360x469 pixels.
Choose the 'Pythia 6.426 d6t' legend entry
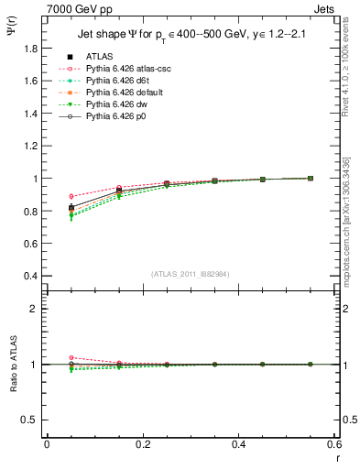(x=119, y=80)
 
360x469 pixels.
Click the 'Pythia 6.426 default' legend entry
(x=125, y=92)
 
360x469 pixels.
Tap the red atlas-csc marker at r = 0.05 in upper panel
(x=72, y=196)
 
